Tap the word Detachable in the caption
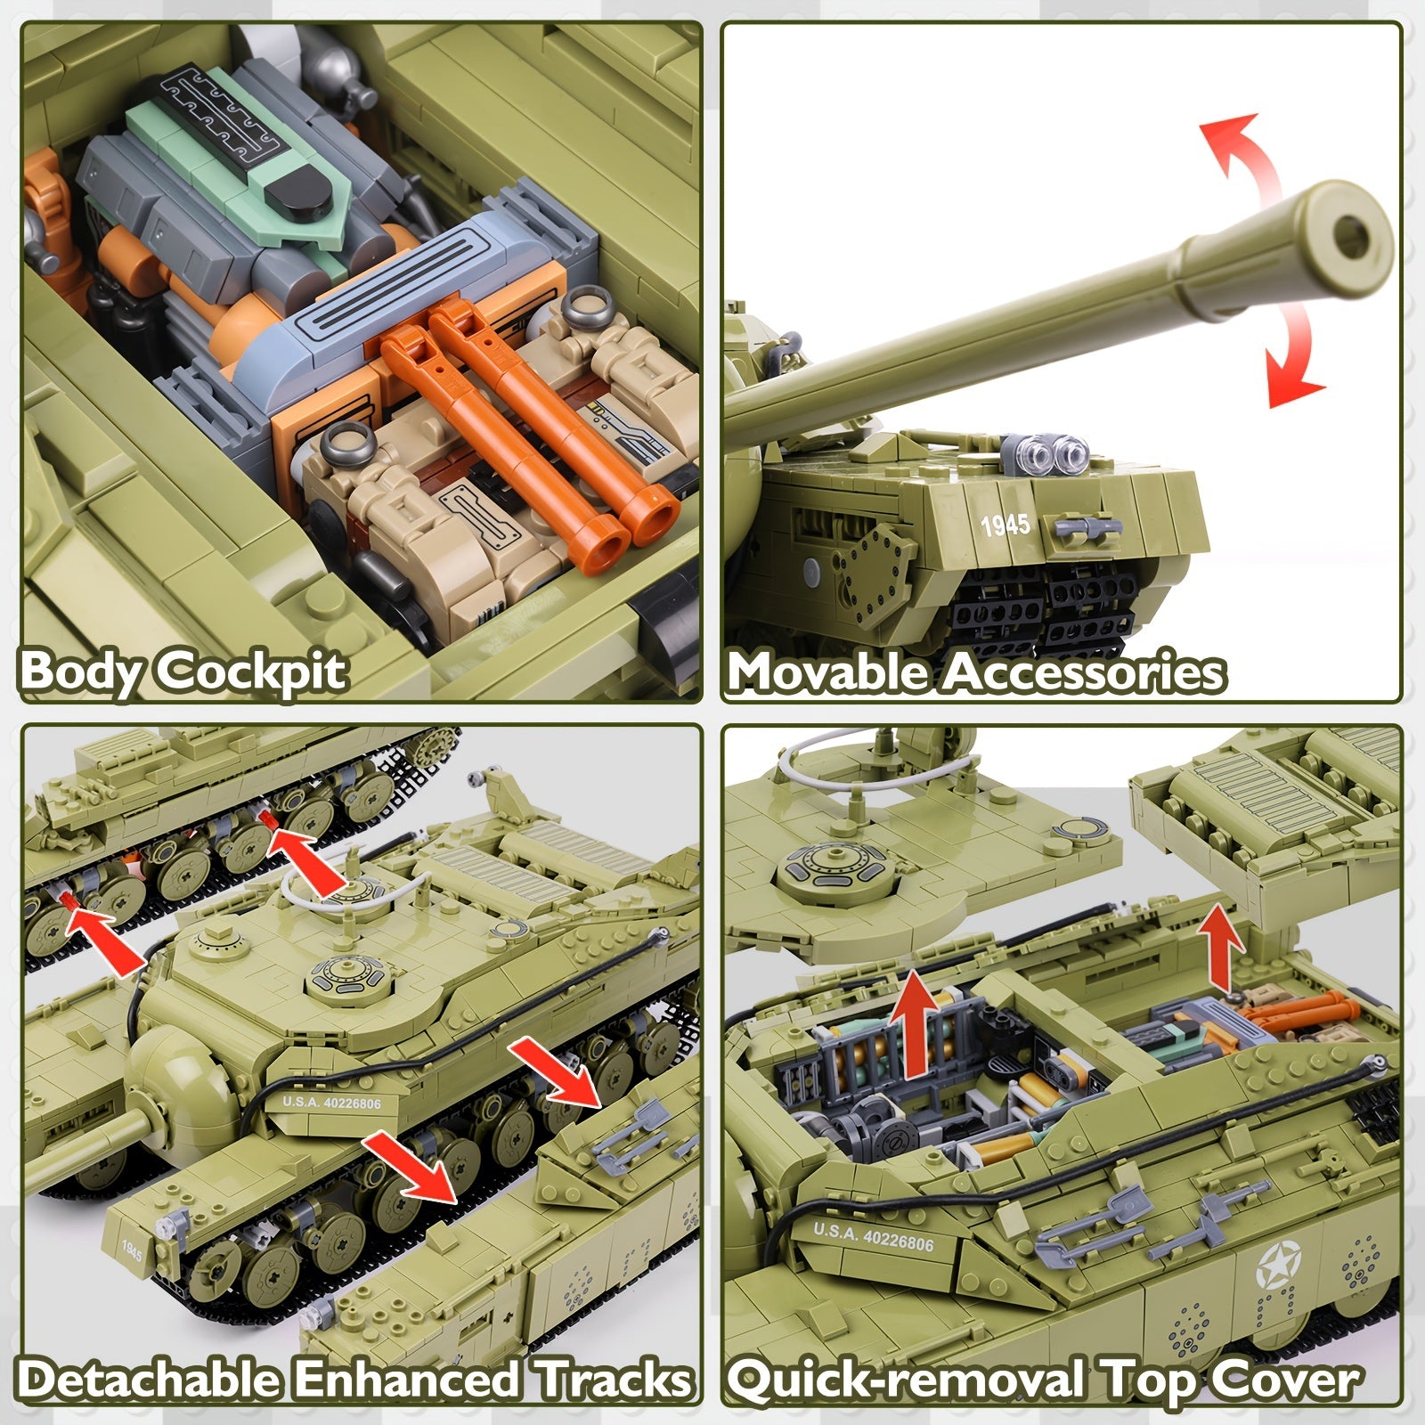coord(151,1380)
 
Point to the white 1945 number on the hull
coord(1006,525)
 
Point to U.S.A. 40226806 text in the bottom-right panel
coord(874,1238)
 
